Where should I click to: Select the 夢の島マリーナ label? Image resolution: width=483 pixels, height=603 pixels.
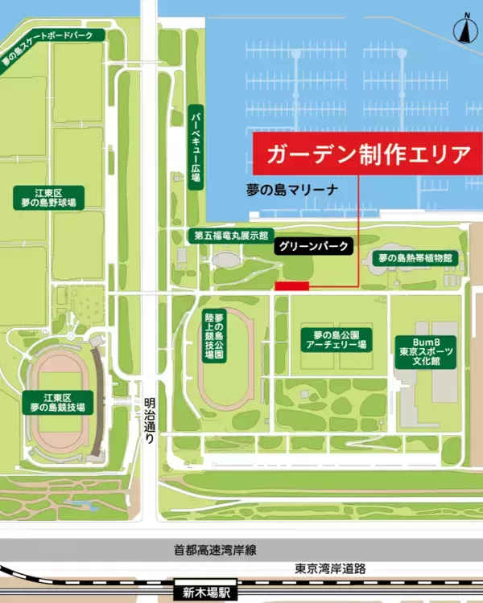pyautogui.click(x=303, y=190)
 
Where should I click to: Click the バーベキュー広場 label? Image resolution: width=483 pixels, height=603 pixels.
pyautogui.click(x=195, y=147)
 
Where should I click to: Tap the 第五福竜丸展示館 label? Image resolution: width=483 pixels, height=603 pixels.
pyautogui.click(x=229, y=236)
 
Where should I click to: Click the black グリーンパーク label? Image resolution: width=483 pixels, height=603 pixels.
pyautogui.click(x=314, y=245)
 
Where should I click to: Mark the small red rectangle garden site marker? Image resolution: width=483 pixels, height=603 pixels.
pyautogui.click(x=291, y=285)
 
